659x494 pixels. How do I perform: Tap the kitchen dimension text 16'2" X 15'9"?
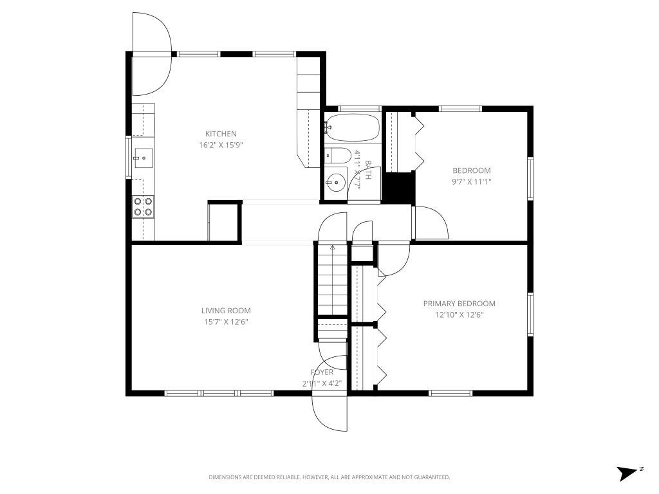(221, 145)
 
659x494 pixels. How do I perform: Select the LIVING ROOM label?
(226, 311)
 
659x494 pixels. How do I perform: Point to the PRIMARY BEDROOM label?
(459, 304)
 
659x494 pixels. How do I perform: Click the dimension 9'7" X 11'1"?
(471, 181)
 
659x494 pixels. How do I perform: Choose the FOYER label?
(322, 372)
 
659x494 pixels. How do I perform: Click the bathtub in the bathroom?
(352, 127)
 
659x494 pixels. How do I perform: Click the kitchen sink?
(143, 156)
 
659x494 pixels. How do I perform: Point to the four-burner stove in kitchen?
(143, 206)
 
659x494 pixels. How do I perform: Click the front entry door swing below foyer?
(329, 412)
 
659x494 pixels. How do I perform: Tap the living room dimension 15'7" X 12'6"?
(226, 322)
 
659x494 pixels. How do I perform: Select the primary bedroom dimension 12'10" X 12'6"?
(459, 315)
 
